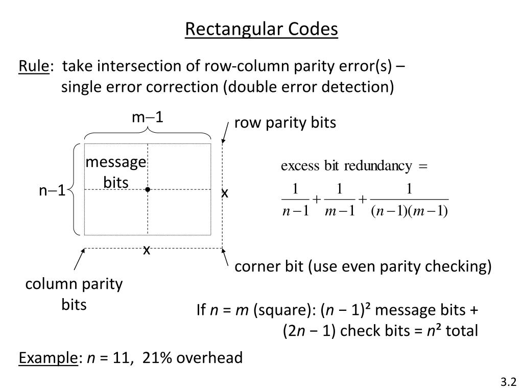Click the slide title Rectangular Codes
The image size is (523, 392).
[261, 29]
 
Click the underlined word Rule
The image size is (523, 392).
[34, 66]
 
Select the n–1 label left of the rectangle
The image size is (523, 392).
[52, 190]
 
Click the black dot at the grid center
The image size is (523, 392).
[148, 189]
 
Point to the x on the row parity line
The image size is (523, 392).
[225, 193]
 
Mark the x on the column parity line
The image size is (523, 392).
[147, 250]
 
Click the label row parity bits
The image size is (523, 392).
[285, 122]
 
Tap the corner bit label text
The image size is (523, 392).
[363, 266]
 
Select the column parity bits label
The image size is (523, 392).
[74, 294]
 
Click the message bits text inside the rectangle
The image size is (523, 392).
[116, 173]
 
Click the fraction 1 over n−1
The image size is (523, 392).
[296, 200]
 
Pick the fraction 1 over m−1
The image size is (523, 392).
[340, 200]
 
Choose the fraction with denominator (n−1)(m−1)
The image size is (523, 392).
[409, 200]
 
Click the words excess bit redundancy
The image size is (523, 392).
[346, 166]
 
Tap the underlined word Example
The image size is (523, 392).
[48, 358]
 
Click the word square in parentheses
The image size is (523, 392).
[282, 310]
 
